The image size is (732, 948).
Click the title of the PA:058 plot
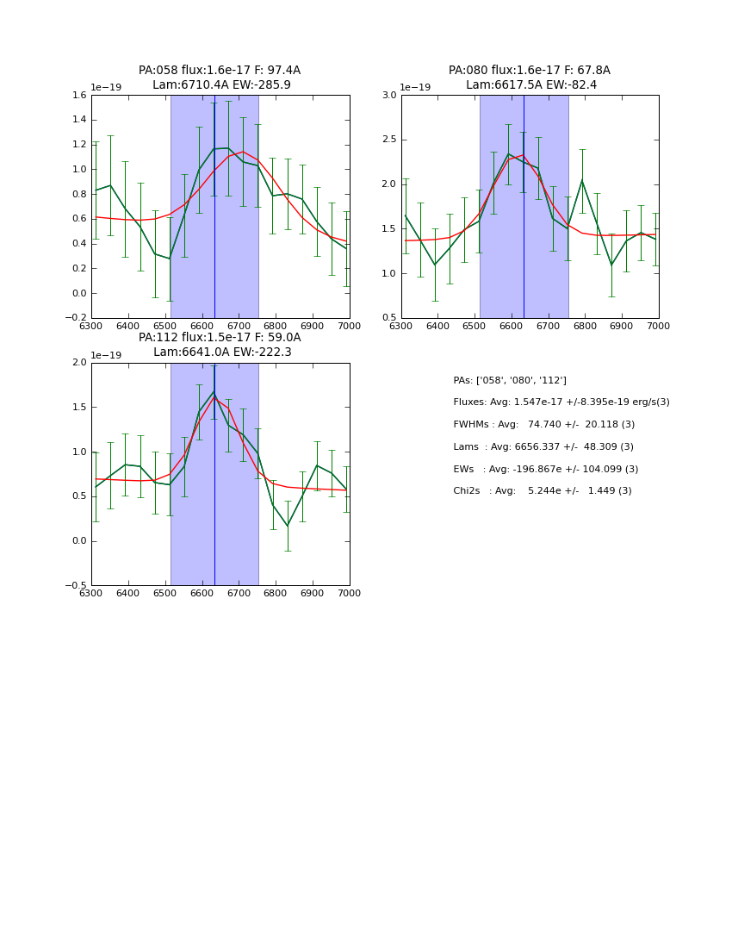(220, 78)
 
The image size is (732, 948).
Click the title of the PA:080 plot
(529, 78)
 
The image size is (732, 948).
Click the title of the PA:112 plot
(220, 345)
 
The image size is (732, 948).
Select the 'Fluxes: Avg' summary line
(561, 402)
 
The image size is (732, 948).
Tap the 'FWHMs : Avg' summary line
(543, 425)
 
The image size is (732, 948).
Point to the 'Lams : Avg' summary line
(543, 447)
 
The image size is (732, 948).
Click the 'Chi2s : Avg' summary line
(542, 491)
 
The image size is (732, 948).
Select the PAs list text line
(510, 380)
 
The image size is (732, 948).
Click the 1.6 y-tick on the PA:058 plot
(78, 96)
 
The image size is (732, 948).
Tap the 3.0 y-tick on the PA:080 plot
(388, 96)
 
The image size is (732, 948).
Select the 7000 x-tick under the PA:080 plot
(658, 327)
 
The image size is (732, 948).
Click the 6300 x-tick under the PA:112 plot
(91, 594)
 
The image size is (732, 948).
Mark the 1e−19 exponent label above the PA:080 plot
(416, 87)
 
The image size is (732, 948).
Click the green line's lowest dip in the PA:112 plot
(288, 526)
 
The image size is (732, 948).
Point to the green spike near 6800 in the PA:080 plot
(582, 180)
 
